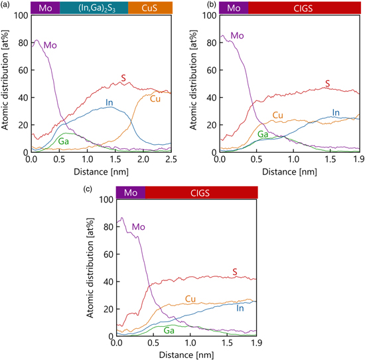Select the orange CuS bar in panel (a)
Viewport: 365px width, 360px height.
(149, 8)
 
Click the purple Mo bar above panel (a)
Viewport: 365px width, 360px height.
(45, 8)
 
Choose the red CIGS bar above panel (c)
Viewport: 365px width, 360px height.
(201, 193)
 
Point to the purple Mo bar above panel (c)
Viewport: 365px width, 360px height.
(130, 193)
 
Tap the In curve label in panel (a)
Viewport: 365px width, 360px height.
(109, 102)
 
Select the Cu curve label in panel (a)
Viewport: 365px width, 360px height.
(155, 99)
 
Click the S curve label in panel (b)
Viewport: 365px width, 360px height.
(327, 83)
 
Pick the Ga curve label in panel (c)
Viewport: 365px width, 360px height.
(170, 330)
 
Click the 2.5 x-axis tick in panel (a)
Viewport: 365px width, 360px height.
(171, 159)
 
